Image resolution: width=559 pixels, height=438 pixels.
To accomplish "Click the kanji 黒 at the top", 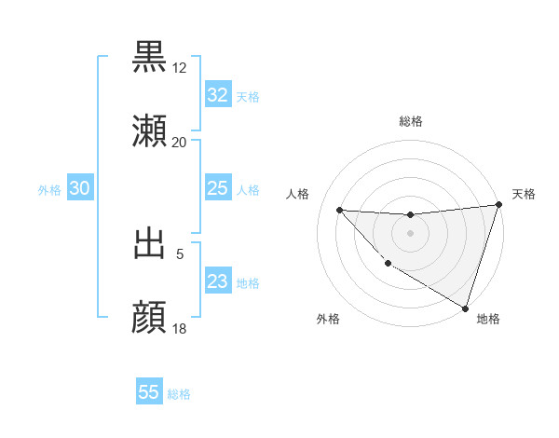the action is (150, 57).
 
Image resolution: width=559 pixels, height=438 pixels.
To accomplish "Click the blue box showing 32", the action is (217, 95).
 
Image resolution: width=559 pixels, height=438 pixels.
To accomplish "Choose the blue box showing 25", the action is (217, 189).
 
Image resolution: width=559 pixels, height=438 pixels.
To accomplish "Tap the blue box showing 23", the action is (217, 281).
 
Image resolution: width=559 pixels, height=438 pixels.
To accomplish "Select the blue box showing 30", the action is (79, 189).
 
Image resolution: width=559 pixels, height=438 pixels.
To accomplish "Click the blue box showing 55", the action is (149, 392).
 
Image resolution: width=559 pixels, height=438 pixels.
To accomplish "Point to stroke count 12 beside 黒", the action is (180, 68).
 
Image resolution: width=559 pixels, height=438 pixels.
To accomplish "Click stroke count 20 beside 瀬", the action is (180, 143).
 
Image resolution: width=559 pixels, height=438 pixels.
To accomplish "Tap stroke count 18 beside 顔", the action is (180, 329).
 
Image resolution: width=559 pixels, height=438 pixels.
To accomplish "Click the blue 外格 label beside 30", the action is (49, 190).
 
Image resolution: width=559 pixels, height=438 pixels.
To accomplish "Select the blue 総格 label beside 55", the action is (179, 394).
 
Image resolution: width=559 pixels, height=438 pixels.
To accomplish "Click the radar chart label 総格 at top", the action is (410, 121).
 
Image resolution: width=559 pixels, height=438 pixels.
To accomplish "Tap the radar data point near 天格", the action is (499, 205).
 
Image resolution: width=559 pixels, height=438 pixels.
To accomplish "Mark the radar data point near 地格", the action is (466, 308).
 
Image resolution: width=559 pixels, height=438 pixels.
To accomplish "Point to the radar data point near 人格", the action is (339, 210).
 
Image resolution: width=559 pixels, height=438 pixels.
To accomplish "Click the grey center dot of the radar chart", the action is (410, 232).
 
